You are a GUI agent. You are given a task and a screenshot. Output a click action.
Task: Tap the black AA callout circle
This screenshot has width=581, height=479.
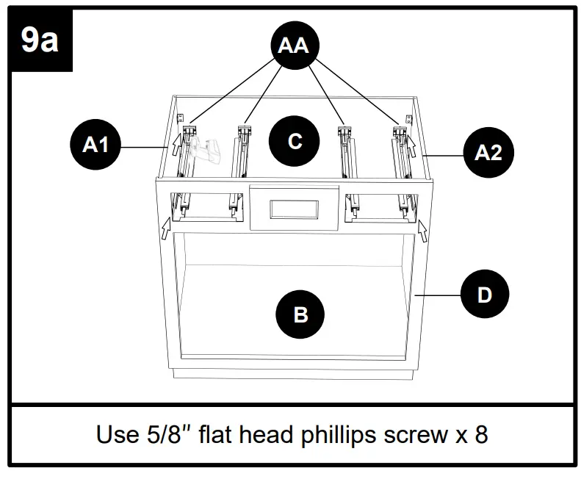tap(293, 46)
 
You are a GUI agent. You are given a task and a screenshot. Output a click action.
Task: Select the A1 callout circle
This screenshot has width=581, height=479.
tap(95, 145)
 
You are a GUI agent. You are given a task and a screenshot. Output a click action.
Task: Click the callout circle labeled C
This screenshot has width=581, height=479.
tap(295, 141)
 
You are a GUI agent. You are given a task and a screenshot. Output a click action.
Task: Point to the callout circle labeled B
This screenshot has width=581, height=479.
tap(300, 315)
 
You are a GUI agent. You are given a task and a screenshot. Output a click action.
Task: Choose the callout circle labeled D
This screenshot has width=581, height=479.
tap(484, 295)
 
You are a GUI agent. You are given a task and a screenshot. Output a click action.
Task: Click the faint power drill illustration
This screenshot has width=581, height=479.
tap(205, 150)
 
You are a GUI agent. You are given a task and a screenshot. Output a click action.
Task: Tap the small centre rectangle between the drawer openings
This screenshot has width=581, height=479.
tap(294, 209)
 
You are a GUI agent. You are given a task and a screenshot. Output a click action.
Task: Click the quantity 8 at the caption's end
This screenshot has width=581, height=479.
tap(480, 435)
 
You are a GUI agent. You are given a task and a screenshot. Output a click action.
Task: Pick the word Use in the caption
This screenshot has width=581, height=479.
tap(114, 435)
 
